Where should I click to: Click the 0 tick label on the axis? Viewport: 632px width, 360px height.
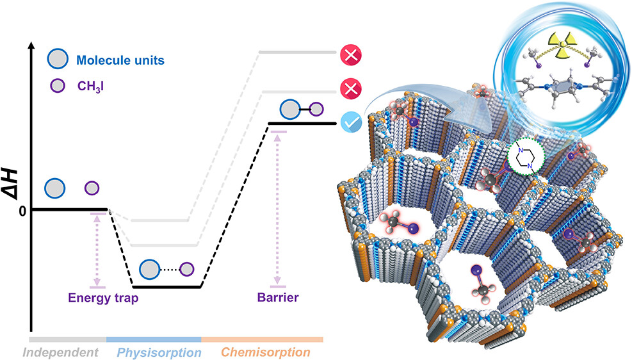click(x=22, y=210)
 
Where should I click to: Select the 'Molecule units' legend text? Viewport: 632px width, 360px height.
click(x=120, y=61)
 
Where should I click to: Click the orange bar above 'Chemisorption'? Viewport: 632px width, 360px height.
click(x=262, y=339)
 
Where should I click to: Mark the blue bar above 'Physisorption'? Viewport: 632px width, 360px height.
click(x=154, y=339)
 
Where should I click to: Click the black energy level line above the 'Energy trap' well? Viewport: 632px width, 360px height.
click(x=166, y=286)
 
